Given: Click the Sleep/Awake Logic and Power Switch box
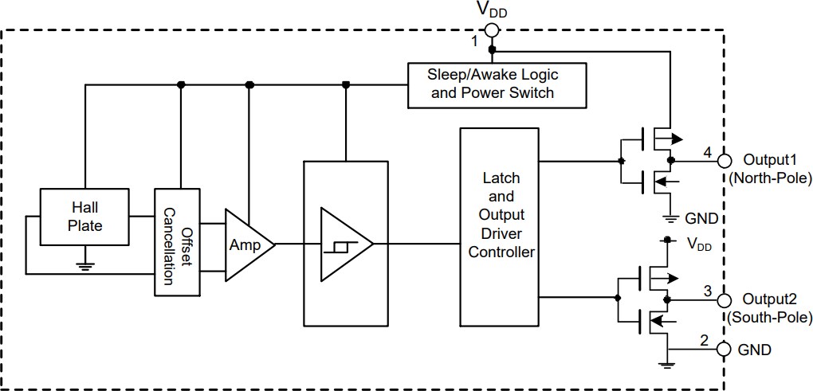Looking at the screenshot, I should coord(492,84).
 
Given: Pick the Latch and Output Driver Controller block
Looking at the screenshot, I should coord(501,225).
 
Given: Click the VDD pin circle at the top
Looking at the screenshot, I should coord(491,31).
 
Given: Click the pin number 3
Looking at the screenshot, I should coord(706,291).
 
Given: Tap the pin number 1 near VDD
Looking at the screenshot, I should coord(474,40).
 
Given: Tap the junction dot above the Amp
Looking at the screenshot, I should coord(249,84).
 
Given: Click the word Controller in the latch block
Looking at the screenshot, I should coord(501,252).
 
